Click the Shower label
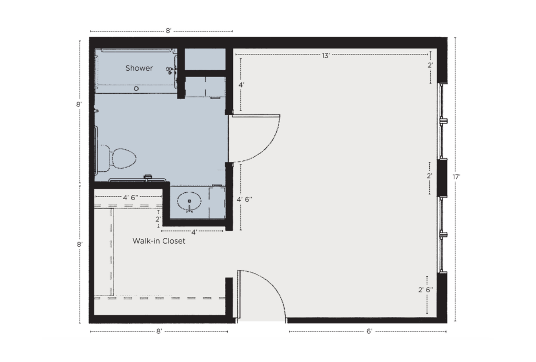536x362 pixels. tap(139, 68)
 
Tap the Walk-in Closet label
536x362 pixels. tap(159, 241)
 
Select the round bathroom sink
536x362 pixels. tap(189, 201)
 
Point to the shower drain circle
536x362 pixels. tap(136, 89)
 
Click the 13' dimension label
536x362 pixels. tap(326, 56)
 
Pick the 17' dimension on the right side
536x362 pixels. tap(456, 177)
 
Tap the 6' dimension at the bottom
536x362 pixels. tap(369, 331)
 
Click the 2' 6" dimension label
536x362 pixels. tap(426, 290)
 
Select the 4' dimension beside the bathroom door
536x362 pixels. tap(241, 84)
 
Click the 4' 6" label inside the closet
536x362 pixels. tap(130, 198)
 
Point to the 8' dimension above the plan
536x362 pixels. tap(168, 31)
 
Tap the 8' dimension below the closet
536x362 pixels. tap(159, 331)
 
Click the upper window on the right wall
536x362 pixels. tap(442, 121)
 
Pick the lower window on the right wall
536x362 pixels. tap(442, 235)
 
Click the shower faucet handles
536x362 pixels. tap(171, 71)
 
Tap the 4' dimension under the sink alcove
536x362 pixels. tap(194, 232)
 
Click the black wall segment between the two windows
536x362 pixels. tap(443, 178)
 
